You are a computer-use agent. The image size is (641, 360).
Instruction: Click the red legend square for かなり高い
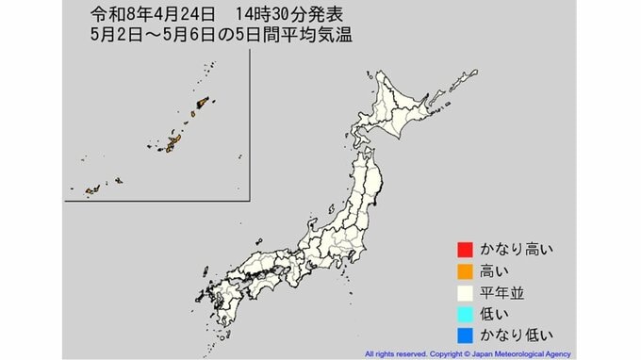click(464, 250)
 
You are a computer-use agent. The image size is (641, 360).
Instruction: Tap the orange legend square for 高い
click(464, 271)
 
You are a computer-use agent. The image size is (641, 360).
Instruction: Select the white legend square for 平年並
click(464, 292)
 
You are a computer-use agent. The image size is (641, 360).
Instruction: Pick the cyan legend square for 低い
click(464, 313)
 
